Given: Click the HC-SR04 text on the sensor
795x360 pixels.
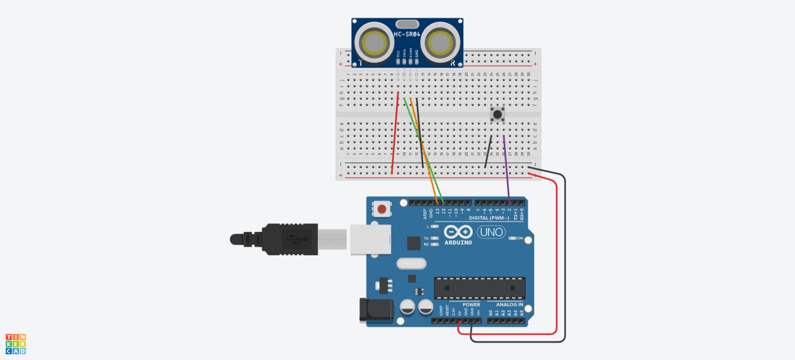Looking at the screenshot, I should click(x=407, y=34).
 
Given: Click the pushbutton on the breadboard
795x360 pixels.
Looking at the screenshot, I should click(x=497, y=114).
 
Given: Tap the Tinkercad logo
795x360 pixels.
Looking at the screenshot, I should click(x=16, y=344).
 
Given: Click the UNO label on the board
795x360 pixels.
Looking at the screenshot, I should click(x=491, y=232).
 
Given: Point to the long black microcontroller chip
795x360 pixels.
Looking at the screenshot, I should click(x=479, y=288).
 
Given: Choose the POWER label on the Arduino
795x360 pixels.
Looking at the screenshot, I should click(x=471, y=305).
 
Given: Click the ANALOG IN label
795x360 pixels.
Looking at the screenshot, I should click(x=506, y=305).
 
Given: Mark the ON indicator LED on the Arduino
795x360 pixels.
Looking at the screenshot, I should click(x=512, y=238).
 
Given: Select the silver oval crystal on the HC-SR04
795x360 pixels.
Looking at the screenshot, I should click(x=407, y=24).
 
